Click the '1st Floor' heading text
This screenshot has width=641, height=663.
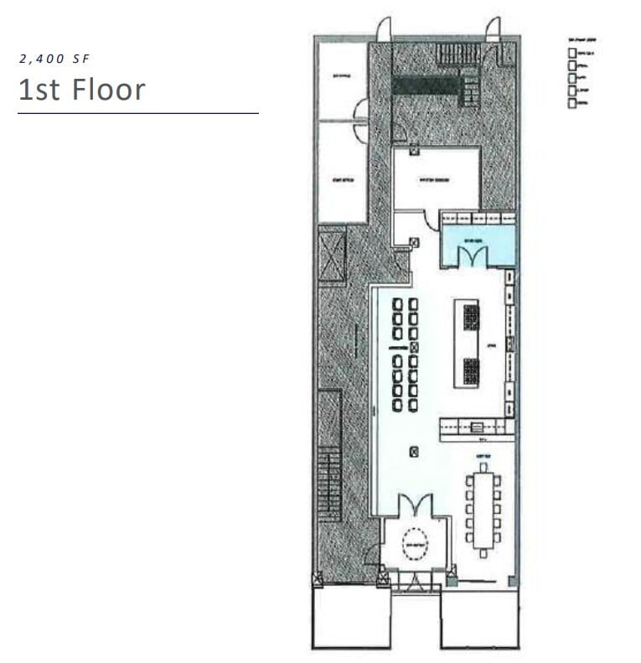pos(82,90)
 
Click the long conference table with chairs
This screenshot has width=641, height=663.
pos(483,510)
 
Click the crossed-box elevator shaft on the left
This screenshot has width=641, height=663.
pos(332,253)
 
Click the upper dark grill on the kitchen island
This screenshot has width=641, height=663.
pos(471,317)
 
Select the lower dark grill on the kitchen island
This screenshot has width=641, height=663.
pos(471,369)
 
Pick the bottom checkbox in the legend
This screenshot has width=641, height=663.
pos(572,103)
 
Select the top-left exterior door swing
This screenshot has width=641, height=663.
pos(384,29)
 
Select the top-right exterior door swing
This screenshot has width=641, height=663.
pos(492,29)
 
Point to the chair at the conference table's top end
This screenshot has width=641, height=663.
pos(483,467)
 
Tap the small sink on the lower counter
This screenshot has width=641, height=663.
pos(477,426)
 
